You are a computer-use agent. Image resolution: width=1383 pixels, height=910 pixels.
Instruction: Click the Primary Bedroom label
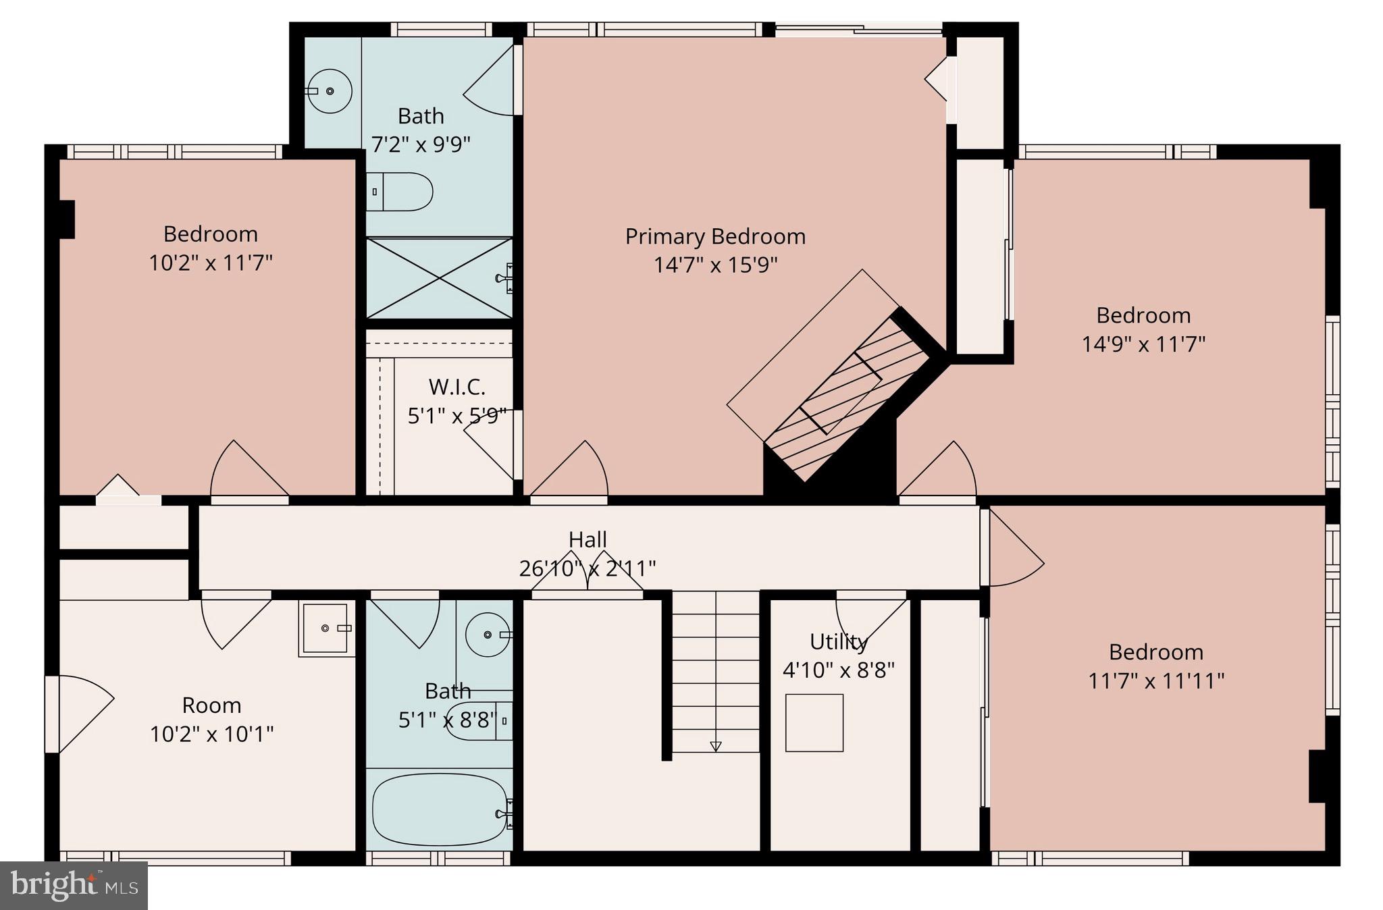pos(715,236)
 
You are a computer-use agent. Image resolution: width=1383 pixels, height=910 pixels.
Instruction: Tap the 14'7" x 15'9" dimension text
pos(715,265)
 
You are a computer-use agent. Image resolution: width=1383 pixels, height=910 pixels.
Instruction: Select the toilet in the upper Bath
pos(399,192)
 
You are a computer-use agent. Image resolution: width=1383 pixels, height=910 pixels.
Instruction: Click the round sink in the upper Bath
pos(330,90)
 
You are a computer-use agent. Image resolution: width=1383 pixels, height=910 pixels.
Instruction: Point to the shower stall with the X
pos(439,277)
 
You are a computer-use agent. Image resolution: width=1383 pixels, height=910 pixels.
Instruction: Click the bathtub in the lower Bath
pos(440,809)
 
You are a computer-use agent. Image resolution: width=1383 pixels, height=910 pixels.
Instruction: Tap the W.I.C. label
pos(456,387)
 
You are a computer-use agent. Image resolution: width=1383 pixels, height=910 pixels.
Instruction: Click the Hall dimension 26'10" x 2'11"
pos(587,568)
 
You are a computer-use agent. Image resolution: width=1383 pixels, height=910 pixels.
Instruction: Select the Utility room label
pos(838,641)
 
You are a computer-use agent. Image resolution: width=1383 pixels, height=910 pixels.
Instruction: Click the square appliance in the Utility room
pos(814,722)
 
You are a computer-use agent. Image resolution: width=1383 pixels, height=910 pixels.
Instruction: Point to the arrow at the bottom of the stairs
pos(716,746)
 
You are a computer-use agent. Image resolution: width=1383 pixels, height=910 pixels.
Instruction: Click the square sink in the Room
pos(327,628)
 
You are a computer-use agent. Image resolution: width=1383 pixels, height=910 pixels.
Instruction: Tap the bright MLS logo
pos(74,885)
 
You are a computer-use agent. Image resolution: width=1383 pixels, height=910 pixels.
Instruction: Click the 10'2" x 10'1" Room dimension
pos(211,734)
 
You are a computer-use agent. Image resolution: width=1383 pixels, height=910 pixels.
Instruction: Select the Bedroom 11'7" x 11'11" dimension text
pos(1155,680)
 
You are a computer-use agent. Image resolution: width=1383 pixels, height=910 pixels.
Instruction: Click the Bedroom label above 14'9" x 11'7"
pos(1143,315)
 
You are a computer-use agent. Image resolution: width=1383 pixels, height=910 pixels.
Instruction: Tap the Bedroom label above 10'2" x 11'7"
pos(211,234)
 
